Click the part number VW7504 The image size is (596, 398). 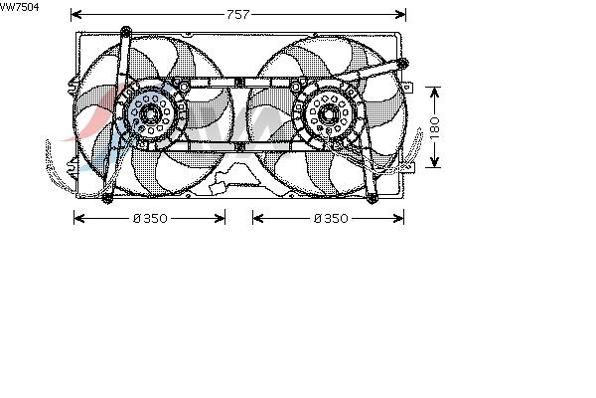click(x=19, y=7)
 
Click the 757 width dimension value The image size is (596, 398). click(x=238, y=15)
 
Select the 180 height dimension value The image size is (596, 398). click(x=434, y=127)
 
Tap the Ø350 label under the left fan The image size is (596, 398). click(x=150, y=219)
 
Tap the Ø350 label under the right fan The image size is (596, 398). click(x=331, y=219)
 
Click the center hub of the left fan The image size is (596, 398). click(x=150, y=113)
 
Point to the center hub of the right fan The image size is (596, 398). click(x=327, y=113)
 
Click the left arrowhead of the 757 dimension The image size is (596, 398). click(x=76, y=15)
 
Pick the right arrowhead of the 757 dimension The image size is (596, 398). click(x=400, y=15)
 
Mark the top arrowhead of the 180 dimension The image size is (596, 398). click(x=434, y=93)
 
